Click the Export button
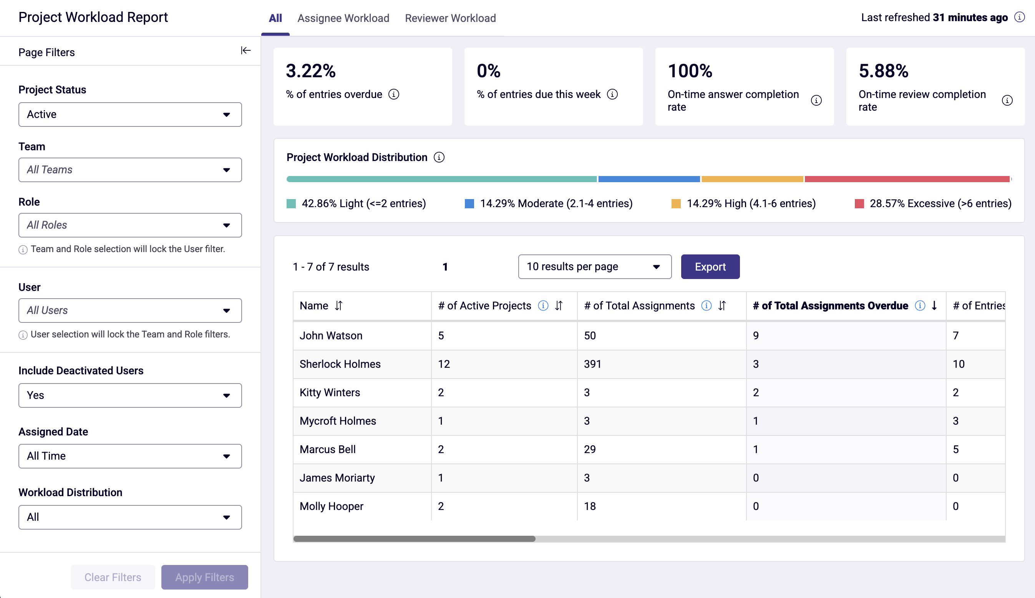pyautogui.click(x=710, y=267)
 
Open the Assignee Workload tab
pyautogui.click(x=343, y=18)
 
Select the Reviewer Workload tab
pyautogui.click(x=450, y=18)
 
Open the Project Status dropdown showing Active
pyautogui.click(x=130, y=114)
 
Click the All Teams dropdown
pyautogui.click(x=130, y=169)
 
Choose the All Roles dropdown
pyautogui.click(x=130, y=225)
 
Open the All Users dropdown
pyautogui.click(x=130, y=311)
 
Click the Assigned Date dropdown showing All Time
pyautogui.click(x=130, y=456)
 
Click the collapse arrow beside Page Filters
pyautogui.click(x=245, y=50)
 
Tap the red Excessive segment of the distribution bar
pyautogui.click(x=907, y=179)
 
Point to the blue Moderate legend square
pyautogui.click(x=469, y=204)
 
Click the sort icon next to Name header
pyautogui.click(x=339, y=306)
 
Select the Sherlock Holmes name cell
pyautogui.click(x=340, y=364)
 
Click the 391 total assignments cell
pyautogui.click(x=592, y=364)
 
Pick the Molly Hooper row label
pyautogui.click(x=331, y=506)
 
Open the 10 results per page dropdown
pyautogui.click(x=594, y=267)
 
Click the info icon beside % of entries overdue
pyautogui.click(x=394, y=95)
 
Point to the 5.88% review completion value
pyautogui.click(x=884, y=71)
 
